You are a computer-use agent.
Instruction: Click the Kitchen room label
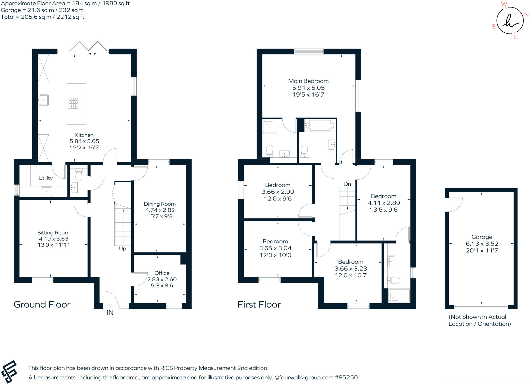[x=84, y=135]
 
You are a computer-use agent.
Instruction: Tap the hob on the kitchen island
[x=73, y=103]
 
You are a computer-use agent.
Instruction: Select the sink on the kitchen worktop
[x=44, y=100]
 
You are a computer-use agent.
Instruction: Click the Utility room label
[x=46, y=178]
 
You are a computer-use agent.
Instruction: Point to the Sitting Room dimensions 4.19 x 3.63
[x=53, y=239]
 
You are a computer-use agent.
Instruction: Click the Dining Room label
[x=160, y=204]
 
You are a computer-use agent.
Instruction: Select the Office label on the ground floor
[x=162, y=273]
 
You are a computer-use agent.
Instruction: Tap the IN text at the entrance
[x=110, y=313]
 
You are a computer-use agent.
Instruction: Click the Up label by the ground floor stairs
[x=122, y=249]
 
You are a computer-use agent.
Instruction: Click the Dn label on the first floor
[x=347, y=184]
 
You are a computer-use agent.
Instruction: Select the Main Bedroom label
[x=308, y=81]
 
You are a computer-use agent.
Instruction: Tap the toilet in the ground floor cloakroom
[x=79, y=176]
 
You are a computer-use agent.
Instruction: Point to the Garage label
[x=482, y=237]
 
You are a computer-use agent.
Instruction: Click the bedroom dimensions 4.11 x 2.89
[x=384, y=203]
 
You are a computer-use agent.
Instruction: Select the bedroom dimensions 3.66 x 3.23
[x=351, y=269]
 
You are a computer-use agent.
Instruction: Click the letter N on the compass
[x=526, y=15]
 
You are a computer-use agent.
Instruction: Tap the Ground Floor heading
[x=42, y=305]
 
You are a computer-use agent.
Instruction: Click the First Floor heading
[x=259, y=305]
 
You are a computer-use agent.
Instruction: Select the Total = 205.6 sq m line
[x=43, y=17]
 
